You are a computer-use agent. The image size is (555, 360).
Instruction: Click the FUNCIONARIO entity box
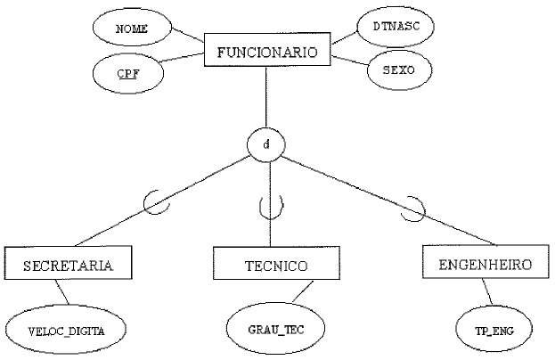[266, 52]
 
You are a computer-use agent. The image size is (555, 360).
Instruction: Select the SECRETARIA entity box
[68, 265]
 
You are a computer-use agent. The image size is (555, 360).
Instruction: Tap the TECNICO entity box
[276, 266]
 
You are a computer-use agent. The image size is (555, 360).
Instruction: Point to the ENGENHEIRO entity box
[486, 265]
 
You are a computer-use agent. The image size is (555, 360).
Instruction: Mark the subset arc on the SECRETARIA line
[159, 205]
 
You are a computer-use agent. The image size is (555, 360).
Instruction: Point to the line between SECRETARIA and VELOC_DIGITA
[62, 292]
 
